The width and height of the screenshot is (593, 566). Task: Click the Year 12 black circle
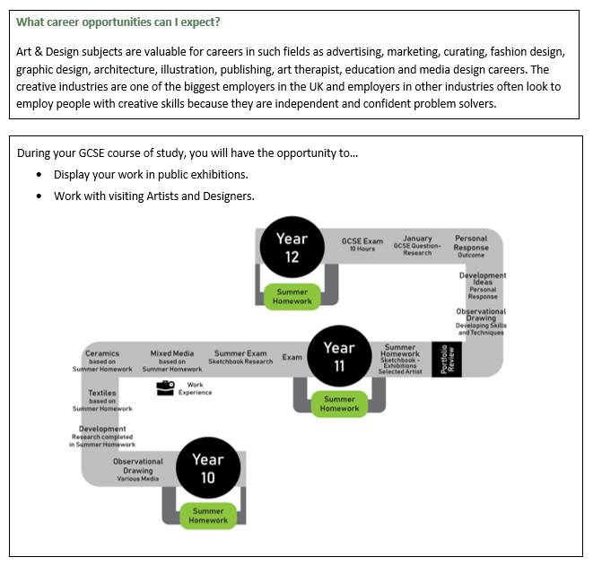pos(292,248)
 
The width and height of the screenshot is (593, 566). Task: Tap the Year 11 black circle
pos(339,356)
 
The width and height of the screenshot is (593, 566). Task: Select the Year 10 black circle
pos(208,468)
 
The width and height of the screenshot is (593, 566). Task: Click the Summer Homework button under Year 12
pos(292,297)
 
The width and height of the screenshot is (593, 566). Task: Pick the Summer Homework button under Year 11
pos(339,405)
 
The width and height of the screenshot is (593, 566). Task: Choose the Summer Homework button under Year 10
pos(208,516)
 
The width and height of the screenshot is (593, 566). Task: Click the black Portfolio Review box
pos(447,360)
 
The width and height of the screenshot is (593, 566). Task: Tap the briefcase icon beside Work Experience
pos(165,388)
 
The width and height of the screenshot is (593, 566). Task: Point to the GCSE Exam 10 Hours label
pos(362,244)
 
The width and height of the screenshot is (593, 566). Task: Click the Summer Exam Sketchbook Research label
pos(240,357)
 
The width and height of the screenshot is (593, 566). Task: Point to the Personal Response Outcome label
pos(471,246)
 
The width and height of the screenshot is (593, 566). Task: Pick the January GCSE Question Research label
pos(417,246)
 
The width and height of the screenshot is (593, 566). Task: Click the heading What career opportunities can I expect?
pos(118,22)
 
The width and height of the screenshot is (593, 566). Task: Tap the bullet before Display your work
pos(39,175)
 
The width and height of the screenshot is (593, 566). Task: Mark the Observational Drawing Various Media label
pos(137,470)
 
